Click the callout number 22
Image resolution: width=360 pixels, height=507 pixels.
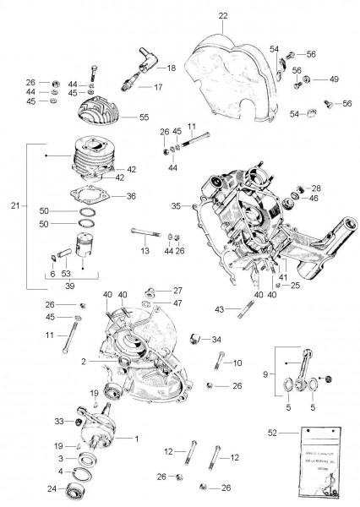(x=223, y=16)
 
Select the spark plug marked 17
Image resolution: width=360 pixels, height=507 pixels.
(x=128, y=85)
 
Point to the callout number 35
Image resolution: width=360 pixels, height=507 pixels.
(x=175, y=205)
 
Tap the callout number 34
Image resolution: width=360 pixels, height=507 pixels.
(x=217, y=340)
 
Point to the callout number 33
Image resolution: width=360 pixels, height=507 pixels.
(x=59, y=420)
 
